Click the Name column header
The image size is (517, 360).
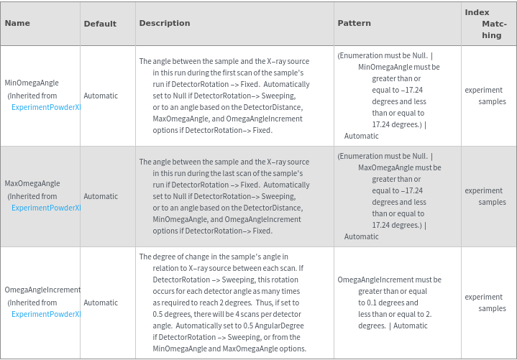[17, 23]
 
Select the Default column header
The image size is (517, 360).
[100, 24]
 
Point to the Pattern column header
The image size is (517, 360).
[354, 23]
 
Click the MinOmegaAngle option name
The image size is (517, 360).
[32, 83]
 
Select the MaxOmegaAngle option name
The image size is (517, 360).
[32, 184]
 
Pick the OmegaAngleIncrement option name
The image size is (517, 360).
[42, 290]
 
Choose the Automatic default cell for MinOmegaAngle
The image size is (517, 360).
[101, 96]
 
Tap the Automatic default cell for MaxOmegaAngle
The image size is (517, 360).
[101, 196]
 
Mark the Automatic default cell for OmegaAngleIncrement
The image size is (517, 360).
[101, 303]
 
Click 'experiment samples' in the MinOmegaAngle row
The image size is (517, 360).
[485, 96]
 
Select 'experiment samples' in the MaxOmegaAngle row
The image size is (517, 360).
[485, 196]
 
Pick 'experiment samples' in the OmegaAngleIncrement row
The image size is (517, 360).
[485, 303]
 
